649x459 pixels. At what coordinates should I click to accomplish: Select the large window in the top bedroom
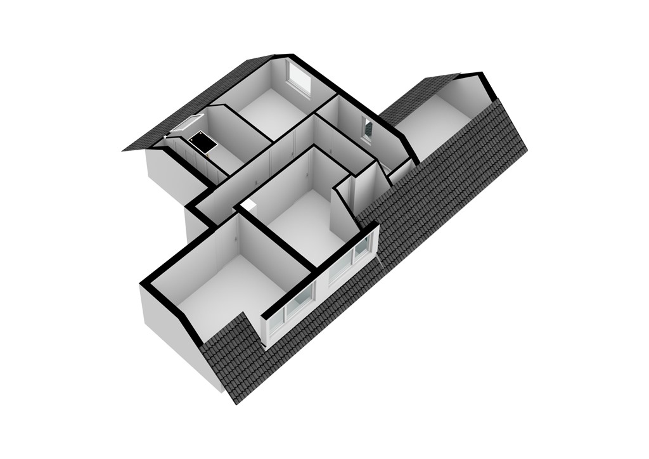pos(299,77)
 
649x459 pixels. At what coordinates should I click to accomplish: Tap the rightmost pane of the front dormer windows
pos(362,249)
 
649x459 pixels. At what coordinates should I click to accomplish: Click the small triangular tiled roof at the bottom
pos(231,355)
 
